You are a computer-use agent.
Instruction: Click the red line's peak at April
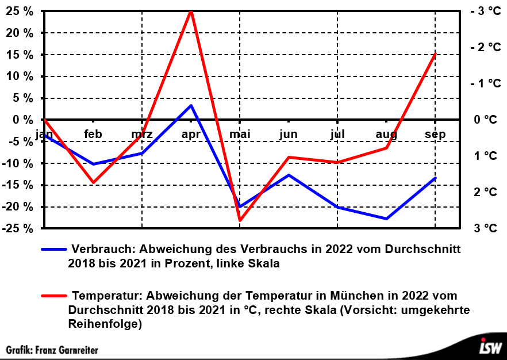[x=191, y=12]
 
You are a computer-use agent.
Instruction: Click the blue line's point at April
[x=191, y=105]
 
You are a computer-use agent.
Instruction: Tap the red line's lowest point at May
[x=240, y=220]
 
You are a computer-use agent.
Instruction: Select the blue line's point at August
[x=386, y=219]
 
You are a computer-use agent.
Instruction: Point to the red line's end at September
[x=435, y=54]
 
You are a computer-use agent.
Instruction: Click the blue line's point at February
[x=93, y=164]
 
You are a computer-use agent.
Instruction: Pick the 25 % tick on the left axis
[x=20, y=11]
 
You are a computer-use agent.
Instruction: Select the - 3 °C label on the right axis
[x=485, y=11]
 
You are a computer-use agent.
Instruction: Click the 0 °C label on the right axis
[x=486, y=120]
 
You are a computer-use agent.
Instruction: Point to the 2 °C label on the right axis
[x=486, y=192]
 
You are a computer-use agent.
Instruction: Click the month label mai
[x=240, y=135]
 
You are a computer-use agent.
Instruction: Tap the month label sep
[x=435, y=135]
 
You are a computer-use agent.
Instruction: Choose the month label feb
[x=93, y=135]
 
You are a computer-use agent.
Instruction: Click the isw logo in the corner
[x=491, y=347]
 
